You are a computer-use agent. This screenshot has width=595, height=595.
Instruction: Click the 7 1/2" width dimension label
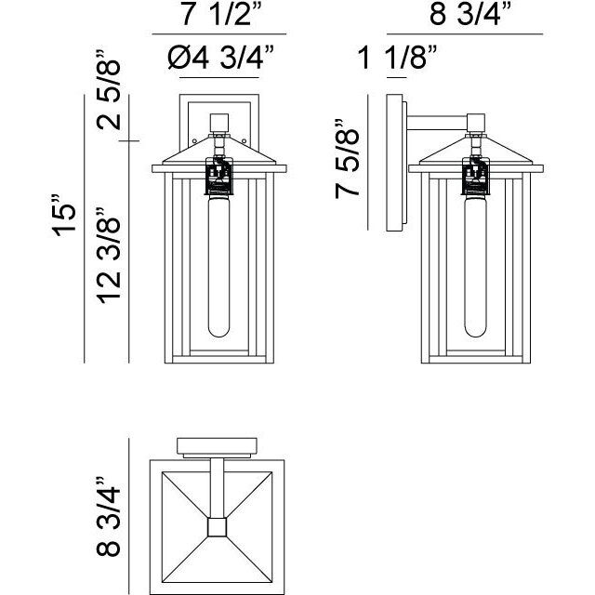(222, 15)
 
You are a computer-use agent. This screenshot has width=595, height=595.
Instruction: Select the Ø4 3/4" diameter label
(221, 58)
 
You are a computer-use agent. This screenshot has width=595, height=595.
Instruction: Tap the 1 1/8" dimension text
(397, 58)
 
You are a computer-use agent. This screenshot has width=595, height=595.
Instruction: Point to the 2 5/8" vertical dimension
(108, 90)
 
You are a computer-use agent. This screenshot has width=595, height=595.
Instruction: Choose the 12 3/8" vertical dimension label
(108, 256)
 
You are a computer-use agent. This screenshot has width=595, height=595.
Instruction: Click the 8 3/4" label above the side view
(470, 15)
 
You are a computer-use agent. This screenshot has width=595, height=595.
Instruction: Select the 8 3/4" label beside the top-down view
(108, 517)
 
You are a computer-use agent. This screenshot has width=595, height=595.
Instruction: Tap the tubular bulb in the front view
(219, 266)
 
